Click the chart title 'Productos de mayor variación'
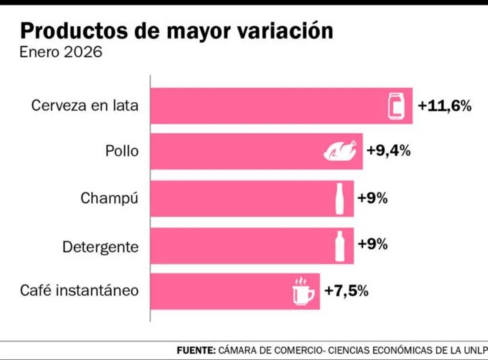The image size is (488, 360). (x=176, y=31)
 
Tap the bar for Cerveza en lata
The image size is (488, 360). (x=267, y=106)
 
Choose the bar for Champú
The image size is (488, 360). (x=238, y=198)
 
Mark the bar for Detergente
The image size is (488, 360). (x=238, y=246)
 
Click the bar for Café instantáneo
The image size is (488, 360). (x=219, y=291)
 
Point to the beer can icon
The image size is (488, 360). (x=396, y=106)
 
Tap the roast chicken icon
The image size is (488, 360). (x=340, y=151)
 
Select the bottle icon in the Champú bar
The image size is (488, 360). (x=340, y=198)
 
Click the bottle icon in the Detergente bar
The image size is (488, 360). (x=340, y=246)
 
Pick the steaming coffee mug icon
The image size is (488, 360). (x=303, y=291)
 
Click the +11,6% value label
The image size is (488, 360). (x=445, y=106)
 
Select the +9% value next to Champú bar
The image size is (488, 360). (x=372, y=198)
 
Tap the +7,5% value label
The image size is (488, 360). (x=346, y=290)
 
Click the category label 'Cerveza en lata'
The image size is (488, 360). (x=85, y=105)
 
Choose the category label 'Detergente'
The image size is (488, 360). (x=101, y=247)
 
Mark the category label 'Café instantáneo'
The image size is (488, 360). (x=79, y=290)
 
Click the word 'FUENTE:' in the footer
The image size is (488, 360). (x=196, y=350)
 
